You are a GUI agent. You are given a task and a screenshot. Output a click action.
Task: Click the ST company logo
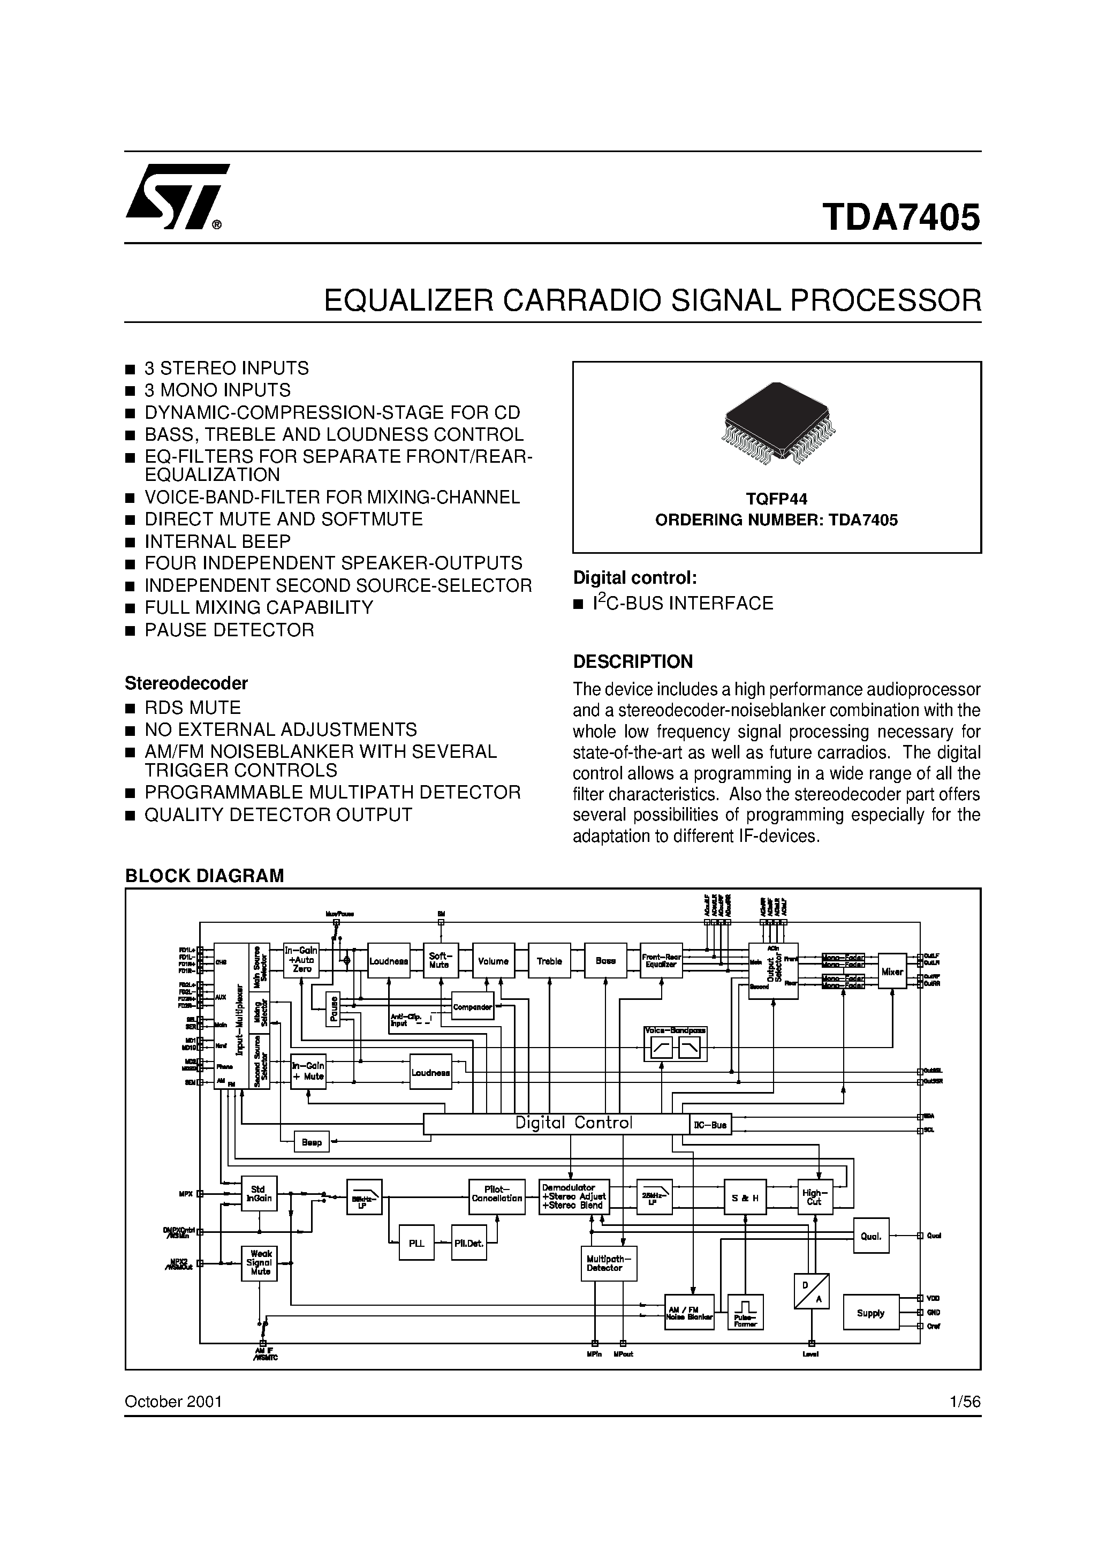pyautogui.click(x=176, y=198)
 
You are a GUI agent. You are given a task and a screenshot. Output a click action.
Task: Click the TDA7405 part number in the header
pyautogui.click(x=902, y=217)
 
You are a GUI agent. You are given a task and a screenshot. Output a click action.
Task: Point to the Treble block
pyautogui.click(x=549, y=961)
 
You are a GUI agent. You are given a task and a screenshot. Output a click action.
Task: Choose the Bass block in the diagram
pyautogui.click(x=605, y=961)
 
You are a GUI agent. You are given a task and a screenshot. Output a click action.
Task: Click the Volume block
pyautogui.click(x=493, y=961)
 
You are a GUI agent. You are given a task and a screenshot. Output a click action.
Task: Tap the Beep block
pyautogui.click(x=312, y=1142)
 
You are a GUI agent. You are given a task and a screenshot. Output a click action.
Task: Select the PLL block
pyautogui.click(x=416, y=1244)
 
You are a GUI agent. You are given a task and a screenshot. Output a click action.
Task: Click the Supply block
pyautogui.click(x=871, y=1313)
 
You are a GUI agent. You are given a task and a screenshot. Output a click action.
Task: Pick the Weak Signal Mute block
pyautogui.click(x=260, y=1263)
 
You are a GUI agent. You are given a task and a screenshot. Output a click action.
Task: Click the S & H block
pyautogui.click(x=745, y=1199)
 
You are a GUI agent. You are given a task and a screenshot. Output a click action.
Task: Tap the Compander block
pyautogui.click(x=473, y=1007)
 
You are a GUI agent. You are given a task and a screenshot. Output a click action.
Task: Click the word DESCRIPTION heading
pyautogui.click(x=633, y=661)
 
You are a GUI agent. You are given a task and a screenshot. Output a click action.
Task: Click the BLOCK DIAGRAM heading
pyautogui.click(x=204, y=876)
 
